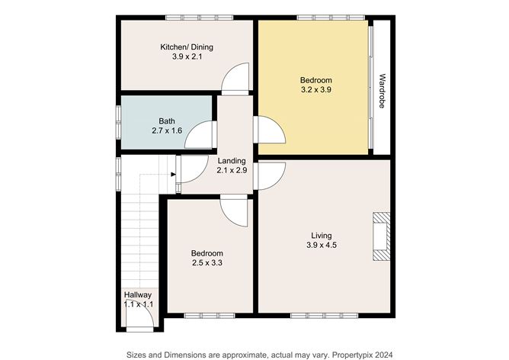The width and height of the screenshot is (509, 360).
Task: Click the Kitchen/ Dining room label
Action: click(x=187, y=47)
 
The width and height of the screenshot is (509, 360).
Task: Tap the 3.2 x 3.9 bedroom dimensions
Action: click(x=316, y=90)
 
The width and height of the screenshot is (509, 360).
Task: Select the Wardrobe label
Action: click(x=382, y=91)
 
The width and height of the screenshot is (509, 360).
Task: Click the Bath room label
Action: click(x=167, y=121)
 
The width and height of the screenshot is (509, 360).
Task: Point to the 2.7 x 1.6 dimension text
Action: click(x=167, y=130)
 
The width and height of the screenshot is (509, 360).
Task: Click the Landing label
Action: click(x=232, y=160)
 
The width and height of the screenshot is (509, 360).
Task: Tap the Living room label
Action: click(x=322, y=236)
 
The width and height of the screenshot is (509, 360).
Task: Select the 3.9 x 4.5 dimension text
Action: click(x=322, y=245)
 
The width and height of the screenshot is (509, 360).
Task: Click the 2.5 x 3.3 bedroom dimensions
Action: click(x=207, y=262)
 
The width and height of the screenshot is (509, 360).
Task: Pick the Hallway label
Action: click(x=138, y=295)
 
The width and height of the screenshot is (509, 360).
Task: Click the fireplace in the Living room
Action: click(x=381, y=236)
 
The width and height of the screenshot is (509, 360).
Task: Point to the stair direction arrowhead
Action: click(x=173, y=175)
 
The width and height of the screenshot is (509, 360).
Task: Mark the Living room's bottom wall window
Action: click(x=325, y=315)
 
